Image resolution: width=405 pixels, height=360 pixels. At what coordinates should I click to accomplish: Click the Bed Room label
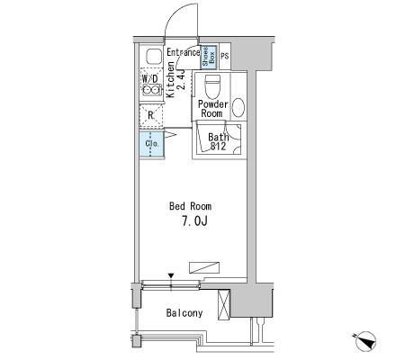(190, 206)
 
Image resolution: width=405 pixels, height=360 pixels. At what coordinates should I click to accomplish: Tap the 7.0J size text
(194, 221)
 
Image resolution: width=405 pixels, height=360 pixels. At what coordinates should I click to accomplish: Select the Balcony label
(184, 313)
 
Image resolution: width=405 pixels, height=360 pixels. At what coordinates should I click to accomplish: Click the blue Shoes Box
(209, 57)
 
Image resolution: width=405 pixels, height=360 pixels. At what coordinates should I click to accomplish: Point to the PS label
(225, 56)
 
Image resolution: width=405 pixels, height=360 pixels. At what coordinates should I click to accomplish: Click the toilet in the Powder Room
(212, 85)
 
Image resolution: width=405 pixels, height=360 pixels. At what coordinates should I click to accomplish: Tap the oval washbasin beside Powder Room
(238, 107)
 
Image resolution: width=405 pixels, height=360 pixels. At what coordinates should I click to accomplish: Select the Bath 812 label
(219, 141)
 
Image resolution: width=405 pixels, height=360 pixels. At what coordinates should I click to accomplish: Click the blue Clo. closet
(151, 144)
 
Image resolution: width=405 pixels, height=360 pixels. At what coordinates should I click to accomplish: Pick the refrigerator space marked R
(151, 115)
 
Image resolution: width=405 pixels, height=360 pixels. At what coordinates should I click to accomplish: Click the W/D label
(149, 79)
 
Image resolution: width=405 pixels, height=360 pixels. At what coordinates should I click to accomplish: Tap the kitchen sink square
(154, 56)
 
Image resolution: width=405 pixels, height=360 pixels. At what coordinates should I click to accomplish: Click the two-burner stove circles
(151, 89)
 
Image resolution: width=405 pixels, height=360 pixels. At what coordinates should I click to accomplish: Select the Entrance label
(184, 52)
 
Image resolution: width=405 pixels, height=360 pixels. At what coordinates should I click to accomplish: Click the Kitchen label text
(171, 79)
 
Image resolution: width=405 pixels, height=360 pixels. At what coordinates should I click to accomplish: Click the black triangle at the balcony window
(171, 275)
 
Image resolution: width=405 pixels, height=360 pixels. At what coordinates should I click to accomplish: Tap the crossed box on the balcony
(223, 305)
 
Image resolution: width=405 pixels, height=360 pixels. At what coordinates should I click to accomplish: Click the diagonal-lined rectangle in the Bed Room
(204, 267)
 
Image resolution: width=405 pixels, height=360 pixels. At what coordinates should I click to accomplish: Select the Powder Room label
(212, 109)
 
